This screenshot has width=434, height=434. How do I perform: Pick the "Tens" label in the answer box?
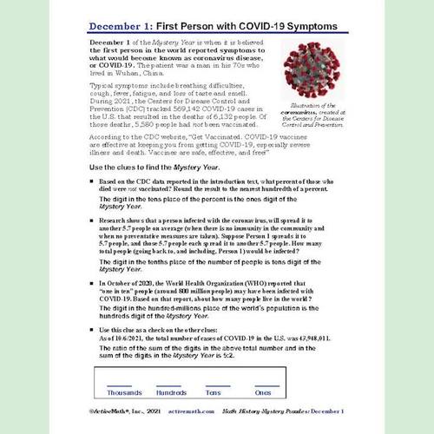coord(214,391)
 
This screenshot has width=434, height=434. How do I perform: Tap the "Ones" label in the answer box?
coord(263,391)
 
